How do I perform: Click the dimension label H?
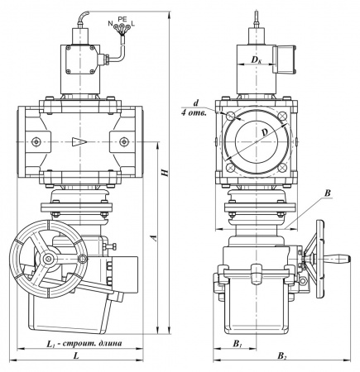click(165, 173)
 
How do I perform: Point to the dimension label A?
click(155, 238)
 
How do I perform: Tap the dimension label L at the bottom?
click(76, 355)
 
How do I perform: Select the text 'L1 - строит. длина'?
click(84, 343)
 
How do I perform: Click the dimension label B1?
click(238, 344)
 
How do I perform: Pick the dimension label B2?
click(282, 355)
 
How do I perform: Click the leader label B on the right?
click(328, 193)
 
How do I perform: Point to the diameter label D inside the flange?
click(265, 132)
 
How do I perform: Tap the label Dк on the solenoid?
click(256, 60)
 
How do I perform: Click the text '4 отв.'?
click(194, 113)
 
